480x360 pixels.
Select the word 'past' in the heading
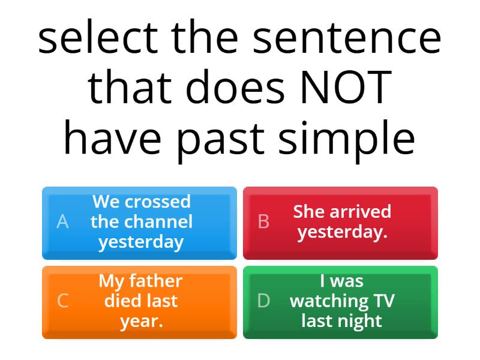[230, 139]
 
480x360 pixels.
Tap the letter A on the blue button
[62, 222]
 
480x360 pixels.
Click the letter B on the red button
[263, 222]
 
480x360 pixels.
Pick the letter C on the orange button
[62, 301]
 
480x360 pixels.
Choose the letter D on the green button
[263, 301]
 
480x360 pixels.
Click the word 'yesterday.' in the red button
[342, 232]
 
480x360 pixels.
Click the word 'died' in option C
[123, 301]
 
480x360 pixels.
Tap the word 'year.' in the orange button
[141, 321]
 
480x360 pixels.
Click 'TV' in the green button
[383, 301]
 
